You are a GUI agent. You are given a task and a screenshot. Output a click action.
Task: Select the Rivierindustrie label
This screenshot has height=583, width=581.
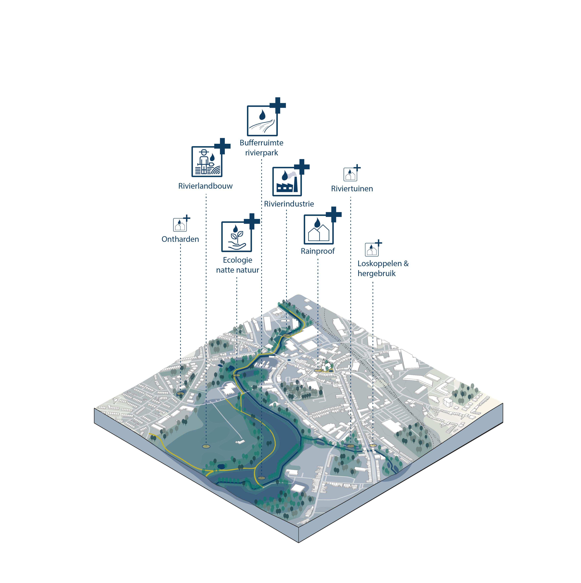click(x=289, y=204)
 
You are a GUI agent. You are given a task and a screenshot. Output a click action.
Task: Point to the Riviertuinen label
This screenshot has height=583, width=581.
click(x=352, y=189)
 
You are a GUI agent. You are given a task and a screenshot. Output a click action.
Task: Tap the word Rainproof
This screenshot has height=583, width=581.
click(x=317, y=251)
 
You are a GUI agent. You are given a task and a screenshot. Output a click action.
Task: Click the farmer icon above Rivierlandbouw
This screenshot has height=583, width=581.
click(x=207, y=162)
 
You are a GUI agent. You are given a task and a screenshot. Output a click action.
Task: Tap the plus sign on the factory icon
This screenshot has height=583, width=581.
click(x=302, y=167)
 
